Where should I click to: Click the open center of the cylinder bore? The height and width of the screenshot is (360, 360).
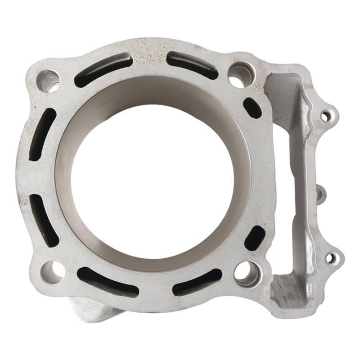pyautogui.click(x=153, y=180)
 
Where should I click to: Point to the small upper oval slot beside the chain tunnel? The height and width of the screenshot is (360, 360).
pyautogui.click(x=252, y=108)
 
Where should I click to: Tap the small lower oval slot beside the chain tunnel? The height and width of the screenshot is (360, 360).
pyautogui.click(x=255, y=238)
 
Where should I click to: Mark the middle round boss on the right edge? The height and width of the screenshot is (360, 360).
pyautogui.click(x=320, y=193)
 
